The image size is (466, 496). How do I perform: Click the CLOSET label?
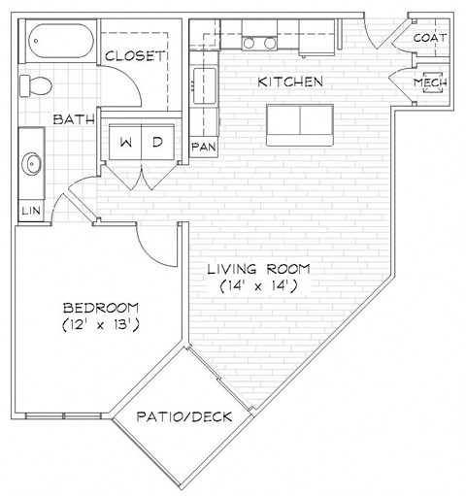(135, 56)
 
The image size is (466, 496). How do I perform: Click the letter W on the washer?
(126, 142)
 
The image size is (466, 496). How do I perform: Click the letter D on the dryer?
(157, 142)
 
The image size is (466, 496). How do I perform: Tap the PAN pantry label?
(204, 147)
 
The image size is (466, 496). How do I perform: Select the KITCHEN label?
(289, 83)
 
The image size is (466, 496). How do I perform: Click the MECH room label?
(429, 83)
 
